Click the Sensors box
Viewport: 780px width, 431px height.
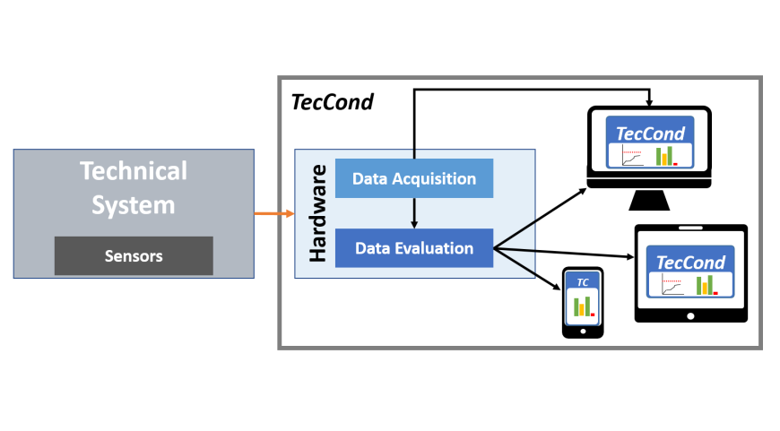pyautogui.click(x=134, y=255)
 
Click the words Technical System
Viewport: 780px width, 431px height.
pyautogui.click(x=134, y=188)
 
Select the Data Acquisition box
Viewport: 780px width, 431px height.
pyautogui.click(x=413, y=178)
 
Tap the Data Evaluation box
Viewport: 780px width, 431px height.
pyautogui.click(x=413, y=248)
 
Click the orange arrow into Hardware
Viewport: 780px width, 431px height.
pyautogui.click(x=274, y=213)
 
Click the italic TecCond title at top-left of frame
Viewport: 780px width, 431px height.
pyautogui.click(x=333, y=101)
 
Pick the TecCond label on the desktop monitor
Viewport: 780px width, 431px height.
pyautogui.click(x=650, y=134)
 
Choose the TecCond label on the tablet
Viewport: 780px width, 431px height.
pyautogui.click(x=689, y=262)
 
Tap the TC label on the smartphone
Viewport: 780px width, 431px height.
pyautogui.click(x=583, y=282)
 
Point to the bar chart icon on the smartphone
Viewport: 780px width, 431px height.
pyautogui.click(x=583, y=306)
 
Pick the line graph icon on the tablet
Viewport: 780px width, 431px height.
pyautogui.click(x=672, y=285)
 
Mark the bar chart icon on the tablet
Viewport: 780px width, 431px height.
pyautogui.click(x=708, y=285)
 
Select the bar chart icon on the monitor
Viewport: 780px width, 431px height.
pyautogui.click(x=666, y=156)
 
